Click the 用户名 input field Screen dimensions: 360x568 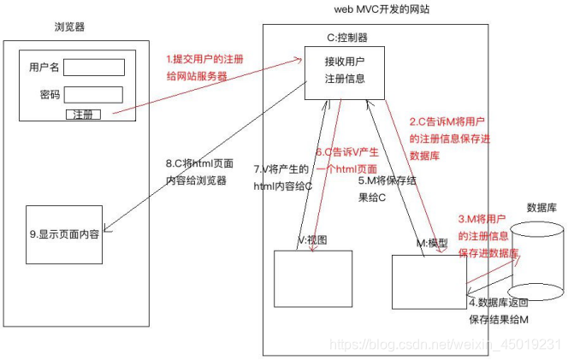pyautogui.click(x=93, y=67)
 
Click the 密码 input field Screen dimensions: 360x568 pyautogui.click(x=93, y=95)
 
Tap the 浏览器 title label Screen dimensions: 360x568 pyautogui.click(x=69, y=27)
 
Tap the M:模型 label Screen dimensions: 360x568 pyautogui.click(x=431, y=244)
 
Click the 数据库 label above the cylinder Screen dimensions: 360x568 pyautogui.click(x=541, y=207)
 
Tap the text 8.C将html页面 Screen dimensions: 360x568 pyautogui.click(x=199, y=164)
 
